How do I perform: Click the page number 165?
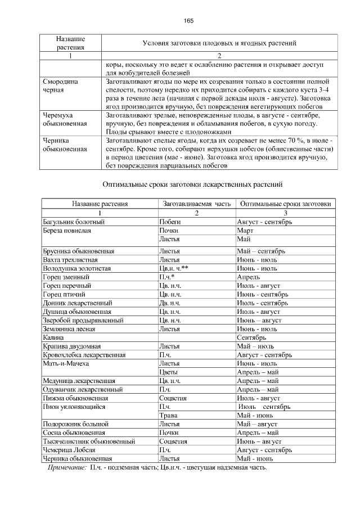pos(188,21)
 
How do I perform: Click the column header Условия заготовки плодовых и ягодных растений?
pos(219,43)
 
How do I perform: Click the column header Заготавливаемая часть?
pos(196,204)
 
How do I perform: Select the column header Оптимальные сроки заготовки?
pos(285,204)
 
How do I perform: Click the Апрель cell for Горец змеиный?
pos(248,277)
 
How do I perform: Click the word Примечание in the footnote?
pos(67,467)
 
